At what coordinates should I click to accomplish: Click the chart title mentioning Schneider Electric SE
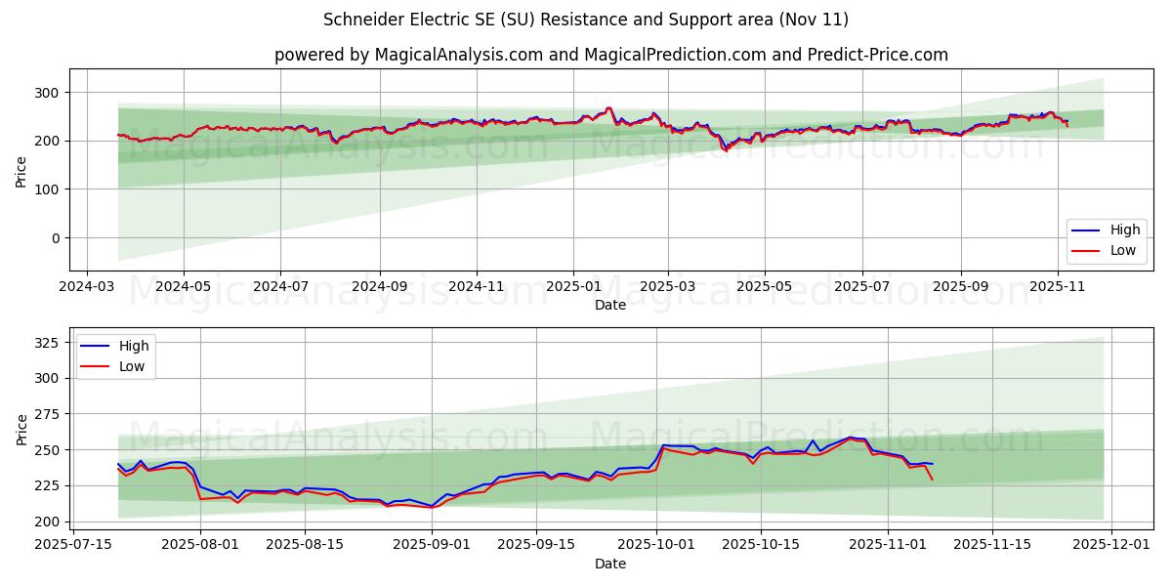click(585, 20)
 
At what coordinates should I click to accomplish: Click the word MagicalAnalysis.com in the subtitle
click(458, 55)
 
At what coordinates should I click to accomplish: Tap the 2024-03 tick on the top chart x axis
click(87, 287)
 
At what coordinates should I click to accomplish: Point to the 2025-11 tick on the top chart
click(1058, 287)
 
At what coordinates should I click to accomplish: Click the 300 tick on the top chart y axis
click(48, 93)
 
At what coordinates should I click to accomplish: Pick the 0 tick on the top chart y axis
click(56, 237)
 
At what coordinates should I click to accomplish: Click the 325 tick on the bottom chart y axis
click(48, 342)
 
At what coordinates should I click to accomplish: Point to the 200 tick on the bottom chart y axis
click(48, 522)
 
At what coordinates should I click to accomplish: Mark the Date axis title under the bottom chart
click(610, 564)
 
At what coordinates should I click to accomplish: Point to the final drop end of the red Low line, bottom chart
click(932, 480)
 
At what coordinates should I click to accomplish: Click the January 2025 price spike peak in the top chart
click(609, 107)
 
